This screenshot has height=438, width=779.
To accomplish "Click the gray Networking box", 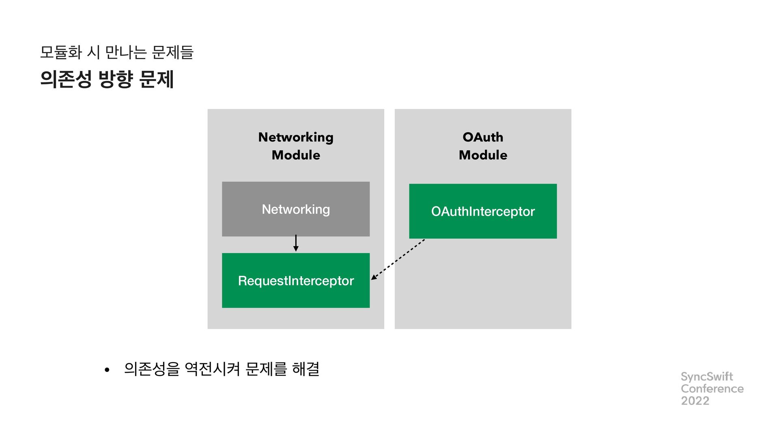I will pos(296,209).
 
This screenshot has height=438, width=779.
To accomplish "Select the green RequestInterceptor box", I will pos(296,281).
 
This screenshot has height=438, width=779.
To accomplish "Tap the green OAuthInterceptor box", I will pos(483,211).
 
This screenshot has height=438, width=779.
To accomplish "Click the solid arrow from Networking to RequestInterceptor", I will pos(296,243).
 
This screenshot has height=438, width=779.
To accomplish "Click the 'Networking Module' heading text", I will pos(296,146).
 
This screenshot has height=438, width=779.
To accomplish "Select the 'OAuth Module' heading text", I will pos(483,146).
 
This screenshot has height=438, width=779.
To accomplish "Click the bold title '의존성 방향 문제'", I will pos(107,79).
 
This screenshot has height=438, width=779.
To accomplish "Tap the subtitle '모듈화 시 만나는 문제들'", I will pos(117,52).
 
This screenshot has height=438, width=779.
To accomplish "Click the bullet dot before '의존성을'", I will pos(107,370).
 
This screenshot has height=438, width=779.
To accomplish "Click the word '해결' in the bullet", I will pos(306,369).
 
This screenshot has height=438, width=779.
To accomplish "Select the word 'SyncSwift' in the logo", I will pos(707,377).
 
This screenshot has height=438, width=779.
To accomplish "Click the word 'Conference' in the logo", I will pos(712,389).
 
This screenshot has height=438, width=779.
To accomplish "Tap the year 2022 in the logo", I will pos(695,401).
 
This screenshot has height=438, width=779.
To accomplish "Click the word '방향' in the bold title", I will pos(116,79).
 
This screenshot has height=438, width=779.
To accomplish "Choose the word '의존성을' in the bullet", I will pos(152,369).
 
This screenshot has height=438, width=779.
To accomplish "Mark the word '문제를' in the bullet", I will pos(266,369).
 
